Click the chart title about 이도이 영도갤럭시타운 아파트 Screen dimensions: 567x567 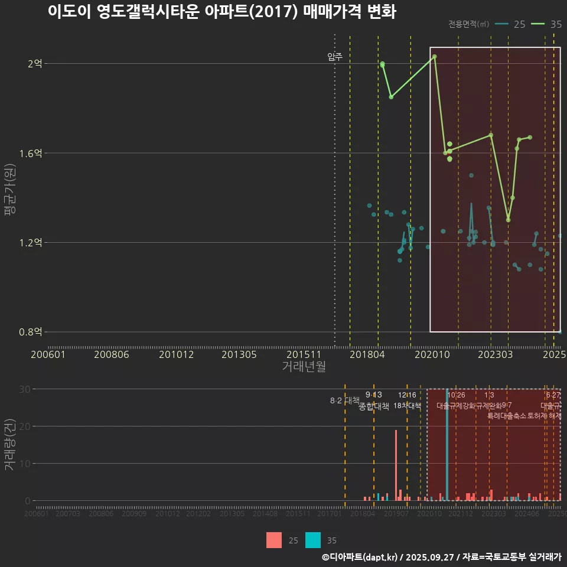coord(221,12)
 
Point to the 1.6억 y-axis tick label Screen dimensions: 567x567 coord(32,154)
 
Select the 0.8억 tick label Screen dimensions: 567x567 coord(32,332)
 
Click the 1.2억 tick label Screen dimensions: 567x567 coord(32,243)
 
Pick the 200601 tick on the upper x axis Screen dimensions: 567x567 coord(48,354)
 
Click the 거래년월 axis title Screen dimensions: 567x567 coord(304,366)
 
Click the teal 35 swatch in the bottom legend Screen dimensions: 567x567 coord(314,540)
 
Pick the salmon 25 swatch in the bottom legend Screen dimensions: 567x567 coord(274,540)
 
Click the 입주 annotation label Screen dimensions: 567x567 coord(334,57)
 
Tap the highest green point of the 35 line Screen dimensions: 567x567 coord(434,57)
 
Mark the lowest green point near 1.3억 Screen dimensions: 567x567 coord(508,220)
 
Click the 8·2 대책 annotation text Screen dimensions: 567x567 coord(344,400)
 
